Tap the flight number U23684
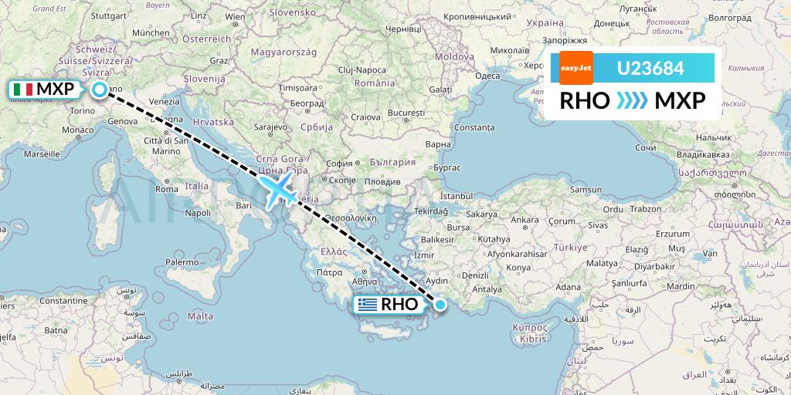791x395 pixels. coord(650,68)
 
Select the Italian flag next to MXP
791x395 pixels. coord(23,89)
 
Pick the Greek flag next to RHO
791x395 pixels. coord(368,305)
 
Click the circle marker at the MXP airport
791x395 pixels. coord(100,89)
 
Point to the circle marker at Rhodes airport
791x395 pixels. coord(440,305)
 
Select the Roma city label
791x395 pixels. coord(167,188)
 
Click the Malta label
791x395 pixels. coord(200,316)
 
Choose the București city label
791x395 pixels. coord(407,113)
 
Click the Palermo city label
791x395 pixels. coord(182,262)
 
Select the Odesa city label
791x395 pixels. coord(487,76)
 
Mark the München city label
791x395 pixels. coord(151,32)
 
